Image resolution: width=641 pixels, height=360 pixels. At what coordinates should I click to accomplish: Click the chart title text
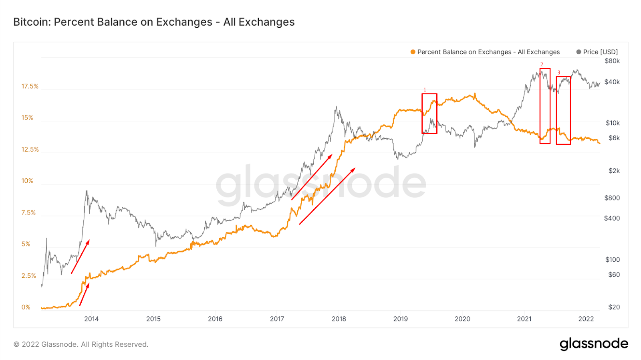[154, 22]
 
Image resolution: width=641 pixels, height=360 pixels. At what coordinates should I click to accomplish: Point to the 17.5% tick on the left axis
[30, 86]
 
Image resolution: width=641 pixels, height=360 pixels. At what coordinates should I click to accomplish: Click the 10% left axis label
[27, 181]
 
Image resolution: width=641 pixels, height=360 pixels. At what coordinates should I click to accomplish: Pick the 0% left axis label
[26, 307]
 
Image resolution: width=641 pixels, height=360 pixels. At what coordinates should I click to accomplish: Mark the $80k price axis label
[612, 61]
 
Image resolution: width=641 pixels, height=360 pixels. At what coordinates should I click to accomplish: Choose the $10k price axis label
[613, 123]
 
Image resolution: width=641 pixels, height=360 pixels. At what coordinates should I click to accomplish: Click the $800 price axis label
[612, 198]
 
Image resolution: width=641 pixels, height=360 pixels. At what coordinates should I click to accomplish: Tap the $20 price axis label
[614, 307]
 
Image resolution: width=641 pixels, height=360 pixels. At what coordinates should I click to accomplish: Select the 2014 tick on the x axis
[91, 319]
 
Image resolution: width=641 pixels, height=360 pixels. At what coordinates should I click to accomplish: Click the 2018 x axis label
[339, 319]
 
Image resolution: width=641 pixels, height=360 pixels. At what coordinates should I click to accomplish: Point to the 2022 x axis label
[586, 319]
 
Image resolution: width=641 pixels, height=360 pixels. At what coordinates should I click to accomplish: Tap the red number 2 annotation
[542, 65]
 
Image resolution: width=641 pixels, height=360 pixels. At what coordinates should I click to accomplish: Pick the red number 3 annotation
[559, 73]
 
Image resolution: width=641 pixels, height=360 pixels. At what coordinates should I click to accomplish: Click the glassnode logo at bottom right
[594, 344]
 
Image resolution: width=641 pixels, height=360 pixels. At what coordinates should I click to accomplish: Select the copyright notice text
[81, 344]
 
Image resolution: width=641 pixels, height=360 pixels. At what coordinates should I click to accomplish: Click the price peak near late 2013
[87, 192]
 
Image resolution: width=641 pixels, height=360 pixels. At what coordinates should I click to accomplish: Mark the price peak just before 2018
[336, 107]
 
